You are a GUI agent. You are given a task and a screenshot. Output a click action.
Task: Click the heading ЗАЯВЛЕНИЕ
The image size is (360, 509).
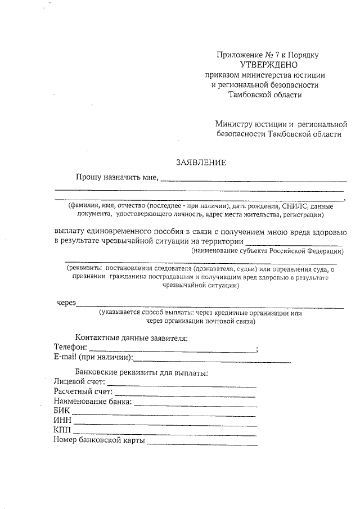coord(201,163)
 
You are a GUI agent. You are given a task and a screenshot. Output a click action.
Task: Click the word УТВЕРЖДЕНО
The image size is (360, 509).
coord(264,65)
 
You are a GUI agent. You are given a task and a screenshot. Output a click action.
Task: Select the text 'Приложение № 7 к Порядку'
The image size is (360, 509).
coord(268,55)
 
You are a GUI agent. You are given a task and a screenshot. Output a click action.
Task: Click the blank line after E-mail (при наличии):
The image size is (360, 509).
coord(212,361)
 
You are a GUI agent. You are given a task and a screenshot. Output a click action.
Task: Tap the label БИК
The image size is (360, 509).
coord(62,412)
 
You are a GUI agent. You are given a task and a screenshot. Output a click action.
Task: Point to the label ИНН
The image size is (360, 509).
coord(62,421)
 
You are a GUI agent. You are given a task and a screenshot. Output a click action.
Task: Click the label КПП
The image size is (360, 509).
coord(62,431)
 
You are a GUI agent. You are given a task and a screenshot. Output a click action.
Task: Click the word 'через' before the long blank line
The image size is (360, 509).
coord(66,303)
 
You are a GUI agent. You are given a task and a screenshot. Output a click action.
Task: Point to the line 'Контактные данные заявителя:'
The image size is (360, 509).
coord(131,338)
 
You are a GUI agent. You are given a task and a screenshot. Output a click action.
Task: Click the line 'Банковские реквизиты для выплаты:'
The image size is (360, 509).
coord(142,373)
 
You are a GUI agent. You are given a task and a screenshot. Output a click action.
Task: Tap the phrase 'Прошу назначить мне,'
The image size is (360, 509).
coord(118,178)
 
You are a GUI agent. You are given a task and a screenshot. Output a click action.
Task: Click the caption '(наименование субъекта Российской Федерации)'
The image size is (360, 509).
coord(267,250)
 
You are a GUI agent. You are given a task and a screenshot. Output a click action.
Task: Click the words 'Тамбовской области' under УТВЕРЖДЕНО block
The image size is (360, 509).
coord(265,94)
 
